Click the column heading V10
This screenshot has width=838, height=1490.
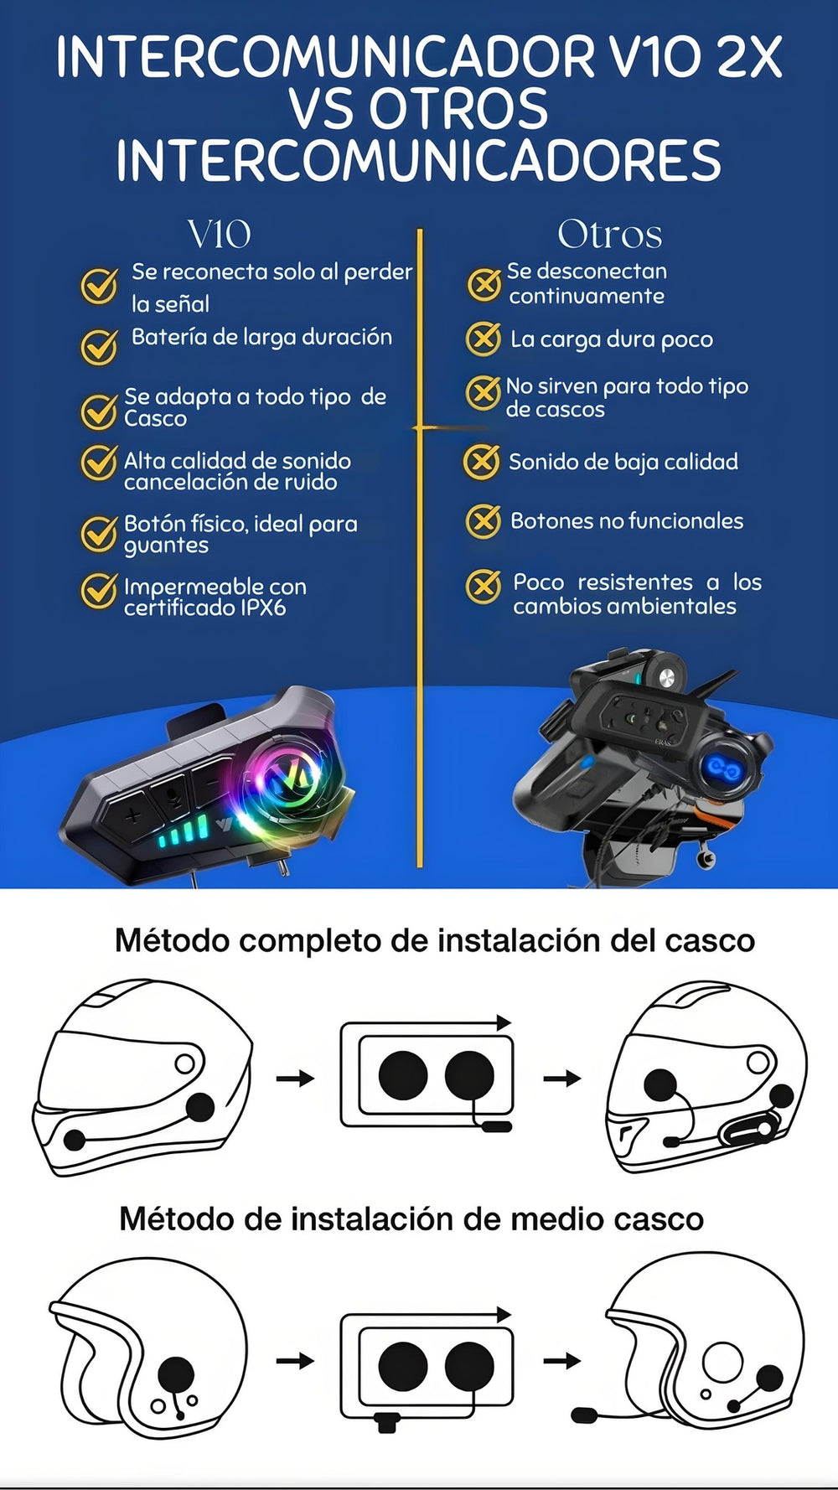click(x=219, y=235)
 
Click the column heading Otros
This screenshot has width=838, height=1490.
click(x=610, y=235)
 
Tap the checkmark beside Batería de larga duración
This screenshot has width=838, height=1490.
click(x=99, y=346)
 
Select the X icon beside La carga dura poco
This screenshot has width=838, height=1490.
click(x=484, y=339)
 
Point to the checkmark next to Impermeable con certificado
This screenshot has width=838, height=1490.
click(x=99, y=590)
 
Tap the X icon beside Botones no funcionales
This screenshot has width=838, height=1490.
click(x=484, y=521)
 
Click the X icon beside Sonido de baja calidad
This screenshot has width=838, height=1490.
click(x=482, y=462)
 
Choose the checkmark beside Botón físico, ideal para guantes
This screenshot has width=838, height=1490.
click(x=99, y=534)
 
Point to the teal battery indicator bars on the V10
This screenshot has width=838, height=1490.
click(x=183, y=835)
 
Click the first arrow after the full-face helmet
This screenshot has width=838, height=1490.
click(x=295, y=1079)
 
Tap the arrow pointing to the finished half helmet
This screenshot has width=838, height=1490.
click(x=562, y=1361)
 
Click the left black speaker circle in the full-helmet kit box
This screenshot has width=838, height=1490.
click(x=403, y=1075)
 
